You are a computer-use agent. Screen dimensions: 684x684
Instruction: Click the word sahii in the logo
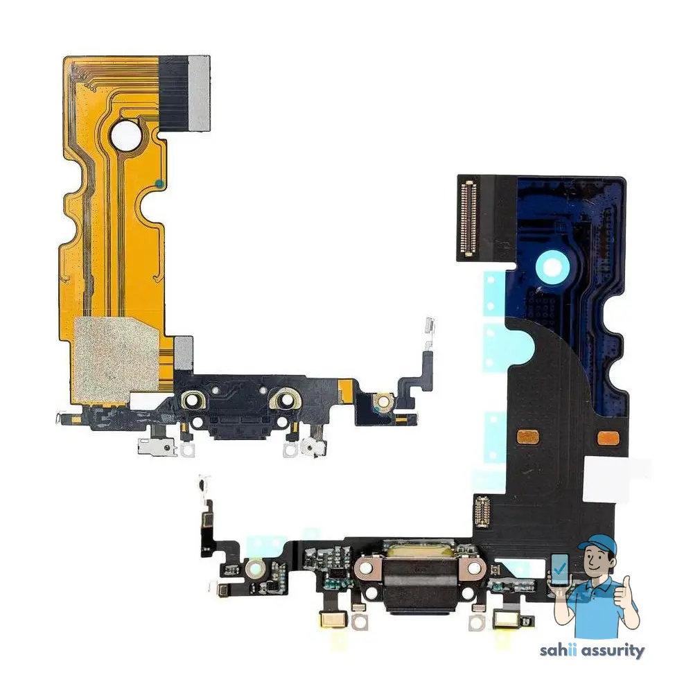(x=561, y=651)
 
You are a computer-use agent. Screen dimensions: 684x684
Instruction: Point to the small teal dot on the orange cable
(x=159, y=184)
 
